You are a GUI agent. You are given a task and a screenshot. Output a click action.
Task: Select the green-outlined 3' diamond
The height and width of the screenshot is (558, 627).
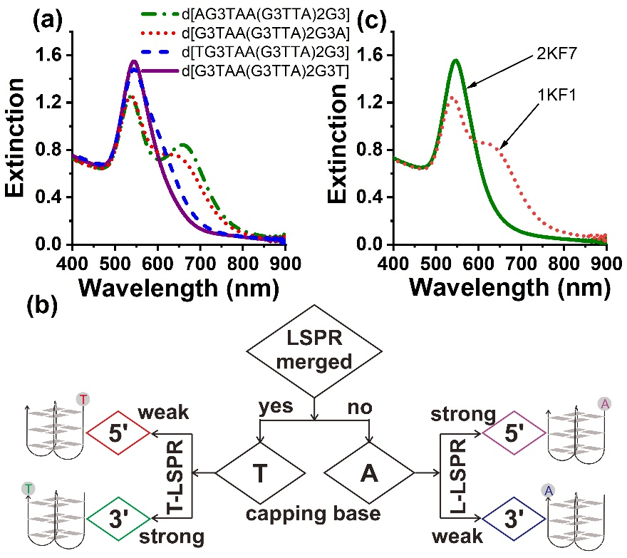(118, 514)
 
